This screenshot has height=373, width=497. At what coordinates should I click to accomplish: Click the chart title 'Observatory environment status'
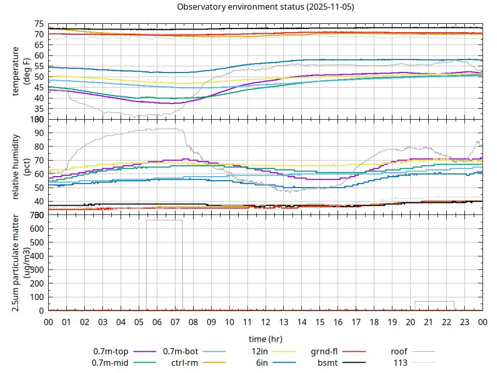tap(266, 7)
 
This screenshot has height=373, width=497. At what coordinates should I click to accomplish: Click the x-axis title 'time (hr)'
tap(266, 339)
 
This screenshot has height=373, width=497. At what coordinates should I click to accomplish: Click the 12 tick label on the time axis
tap(266, 322)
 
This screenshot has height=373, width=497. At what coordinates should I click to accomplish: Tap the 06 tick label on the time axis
tap(157, 322)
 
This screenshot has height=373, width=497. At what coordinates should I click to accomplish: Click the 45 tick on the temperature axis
tap(39, 88)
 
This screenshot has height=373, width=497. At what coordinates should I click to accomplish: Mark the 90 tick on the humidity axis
tap(39, 133)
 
